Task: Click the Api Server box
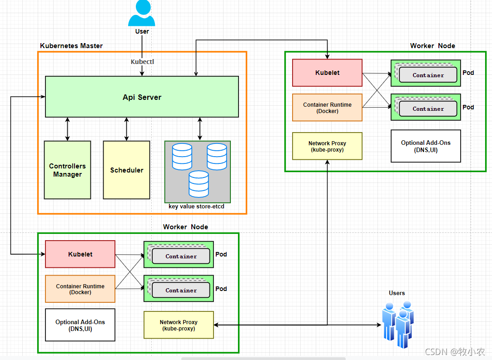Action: (x=142, y=97)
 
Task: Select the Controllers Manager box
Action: (x=67, y=170)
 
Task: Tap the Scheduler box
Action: (x=126, y=170)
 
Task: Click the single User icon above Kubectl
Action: (x=142, y=13)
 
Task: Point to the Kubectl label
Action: (x=143, y=62)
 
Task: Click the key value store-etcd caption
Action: (x=196, y=207)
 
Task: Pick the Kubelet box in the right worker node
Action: (x=327, y=73)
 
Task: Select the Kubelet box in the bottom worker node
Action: (x=80, y=254)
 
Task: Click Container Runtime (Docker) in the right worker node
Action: (x=327, y=108)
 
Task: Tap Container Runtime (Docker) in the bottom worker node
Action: (x=80, y=289)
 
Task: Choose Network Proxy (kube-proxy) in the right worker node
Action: (x=327, y=146)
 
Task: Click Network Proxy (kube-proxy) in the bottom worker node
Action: (x=179, y=325)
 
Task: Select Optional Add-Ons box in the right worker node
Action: (x=426, y=146)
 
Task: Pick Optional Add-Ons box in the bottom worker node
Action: (x=80, y=325)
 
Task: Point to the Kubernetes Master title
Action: (x=71, y=46)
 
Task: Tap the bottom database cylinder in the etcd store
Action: (x=199, y=184)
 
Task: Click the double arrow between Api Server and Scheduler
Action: (x=126, y=129)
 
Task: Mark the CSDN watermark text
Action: (x=455, y=351)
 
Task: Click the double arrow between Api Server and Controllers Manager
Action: (x=67, y=129)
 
